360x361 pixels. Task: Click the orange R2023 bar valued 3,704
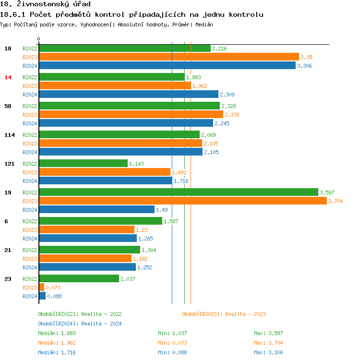(182, 201)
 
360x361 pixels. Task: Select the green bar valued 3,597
(179, 193)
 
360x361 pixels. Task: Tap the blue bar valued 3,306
(167, 66)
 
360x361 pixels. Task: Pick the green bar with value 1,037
(79, 279)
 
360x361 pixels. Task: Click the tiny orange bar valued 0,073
(41, 288)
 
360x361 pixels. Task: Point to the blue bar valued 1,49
(96, 210)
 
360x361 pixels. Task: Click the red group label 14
(8, 77)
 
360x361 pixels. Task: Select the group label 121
(10, 164)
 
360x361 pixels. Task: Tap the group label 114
(10, 135)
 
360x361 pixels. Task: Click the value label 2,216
(219, 48)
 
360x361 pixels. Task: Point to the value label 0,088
(54, 296)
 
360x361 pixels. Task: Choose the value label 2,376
(232, 115)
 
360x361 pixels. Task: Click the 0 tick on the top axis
(39, 39)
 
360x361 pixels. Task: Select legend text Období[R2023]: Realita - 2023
(224, 314)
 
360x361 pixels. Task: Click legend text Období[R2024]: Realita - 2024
(80, 324)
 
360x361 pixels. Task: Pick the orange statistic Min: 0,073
(172, 343)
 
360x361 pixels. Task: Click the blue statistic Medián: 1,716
(57, 352)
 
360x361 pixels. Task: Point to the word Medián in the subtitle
(204, 24)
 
